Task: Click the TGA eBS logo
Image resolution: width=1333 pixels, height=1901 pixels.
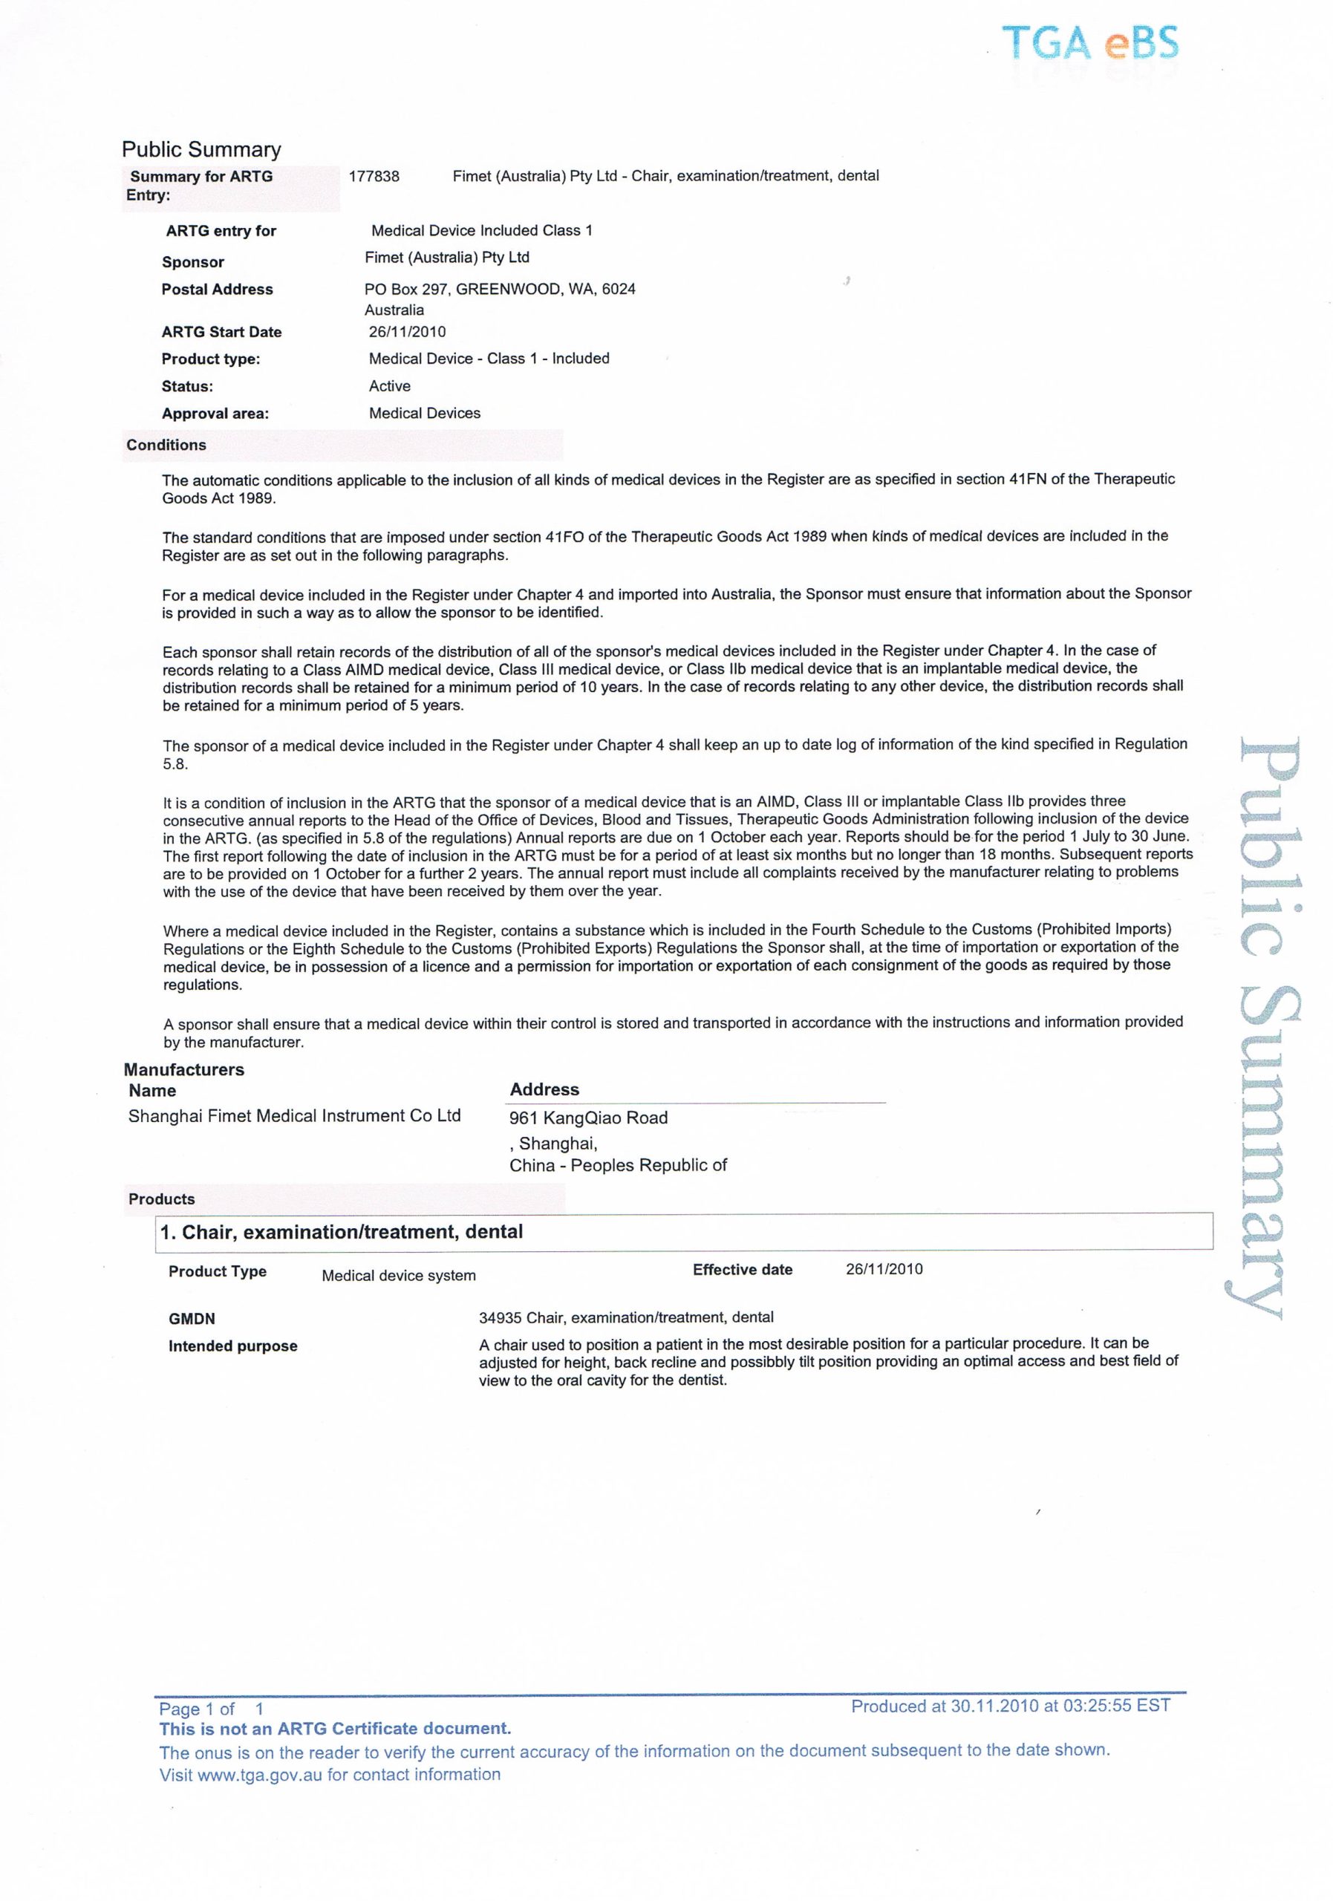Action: tap(1089, 43)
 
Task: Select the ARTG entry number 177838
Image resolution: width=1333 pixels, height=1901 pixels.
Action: tap(374, 176)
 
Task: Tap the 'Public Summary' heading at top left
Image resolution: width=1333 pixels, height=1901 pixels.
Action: tap(201, 150)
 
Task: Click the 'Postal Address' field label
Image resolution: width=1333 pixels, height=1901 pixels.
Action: tap(217, 290)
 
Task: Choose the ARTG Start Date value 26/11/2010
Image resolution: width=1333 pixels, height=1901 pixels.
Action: tap(408, 332)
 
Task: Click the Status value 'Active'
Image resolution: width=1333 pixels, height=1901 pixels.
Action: tap(390, 387)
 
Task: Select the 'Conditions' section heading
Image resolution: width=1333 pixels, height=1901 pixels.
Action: tap(166, 446)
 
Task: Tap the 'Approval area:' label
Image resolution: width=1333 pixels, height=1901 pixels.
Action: tap(215, 414)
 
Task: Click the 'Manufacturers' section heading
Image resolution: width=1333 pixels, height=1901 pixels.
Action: tap(184, 1070)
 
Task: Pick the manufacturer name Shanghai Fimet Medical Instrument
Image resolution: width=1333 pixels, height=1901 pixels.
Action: tap(294, 1116)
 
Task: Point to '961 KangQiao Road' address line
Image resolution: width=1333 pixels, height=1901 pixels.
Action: tap(588, 1118)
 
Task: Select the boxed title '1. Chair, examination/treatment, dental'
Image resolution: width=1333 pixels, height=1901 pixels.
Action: tap(341, 1233)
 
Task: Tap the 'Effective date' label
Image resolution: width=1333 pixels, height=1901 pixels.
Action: tap(743, 1270)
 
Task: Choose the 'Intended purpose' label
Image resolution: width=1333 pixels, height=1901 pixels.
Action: tap(232, 1346)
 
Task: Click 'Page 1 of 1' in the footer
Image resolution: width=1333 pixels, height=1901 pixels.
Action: tap(211, 1709)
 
